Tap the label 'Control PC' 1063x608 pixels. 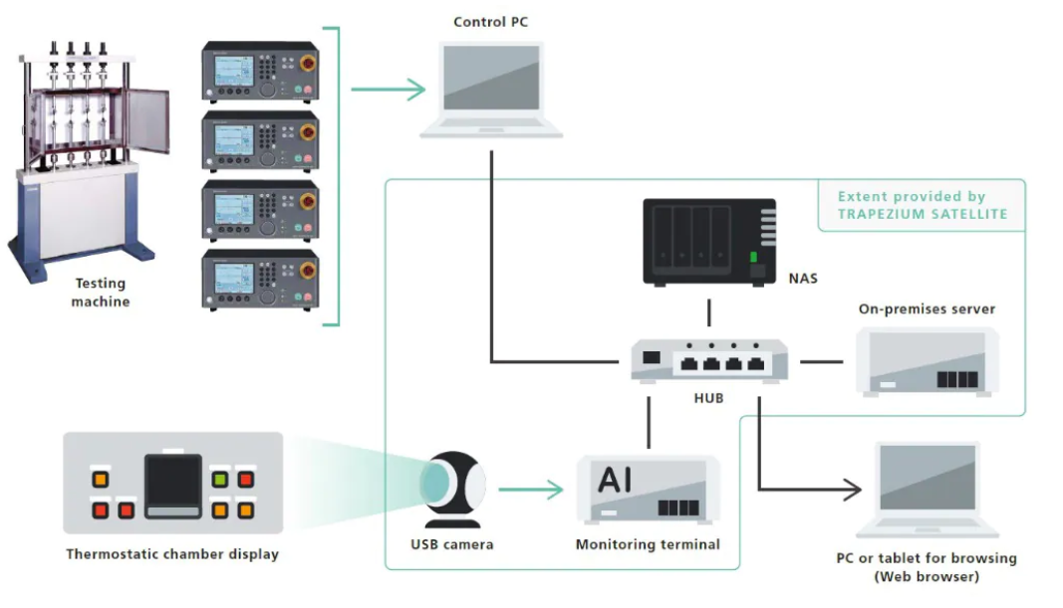(491, 22)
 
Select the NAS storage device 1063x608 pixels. (708, 242)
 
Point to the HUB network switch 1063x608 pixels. (709, 360)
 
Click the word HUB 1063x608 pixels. (709, 398)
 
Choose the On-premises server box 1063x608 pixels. (927, 361)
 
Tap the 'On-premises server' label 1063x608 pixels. (927, 309)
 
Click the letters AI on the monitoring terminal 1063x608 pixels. (615, 480)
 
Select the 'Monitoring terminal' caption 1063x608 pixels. (648, 545)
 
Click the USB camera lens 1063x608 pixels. (435, 483)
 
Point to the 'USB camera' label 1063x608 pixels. (451, 545)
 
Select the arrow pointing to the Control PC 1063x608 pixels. (389, 91)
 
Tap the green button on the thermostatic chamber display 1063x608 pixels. (221, 480)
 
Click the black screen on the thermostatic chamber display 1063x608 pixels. (173, 483)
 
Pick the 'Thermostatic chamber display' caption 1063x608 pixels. (172, 554)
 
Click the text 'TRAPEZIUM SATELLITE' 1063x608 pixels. (922, 214)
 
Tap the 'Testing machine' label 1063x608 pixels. (100, 293)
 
